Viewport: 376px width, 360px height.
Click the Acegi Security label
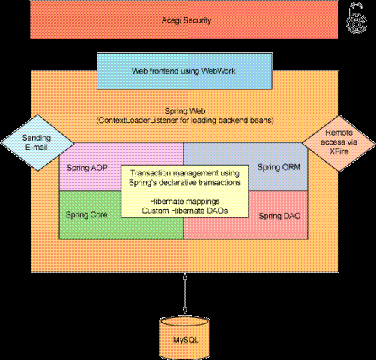point(187,20)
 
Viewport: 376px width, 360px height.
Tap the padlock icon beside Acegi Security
point(357,18)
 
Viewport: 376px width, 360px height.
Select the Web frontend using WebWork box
point(184,71)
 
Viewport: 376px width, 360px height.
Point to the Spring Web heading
point(185,111)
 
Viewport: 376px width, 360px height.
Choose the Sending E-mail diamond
point(37,143)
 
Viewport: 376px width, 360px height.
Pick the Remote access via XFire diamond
point(339,143)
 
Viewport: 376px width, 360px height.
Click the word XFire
point(339,151)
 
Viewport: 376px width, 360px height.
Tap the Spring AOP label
point(87,168)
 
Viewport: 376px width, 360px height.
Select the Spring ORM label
point(279,167)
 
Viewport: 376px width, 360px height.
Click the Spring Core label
point(87,214)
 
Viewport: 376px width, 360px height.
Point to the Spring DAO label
point(279,216)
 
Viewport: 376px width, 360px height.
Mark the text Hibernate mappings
point(185,201)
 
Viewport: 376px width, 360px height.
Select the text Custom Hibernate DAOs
point(185,211)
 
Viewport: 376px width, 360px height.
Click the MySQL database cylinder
point(185,338)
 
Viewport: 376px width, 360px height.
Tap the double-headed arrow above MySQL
point(185,294)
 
